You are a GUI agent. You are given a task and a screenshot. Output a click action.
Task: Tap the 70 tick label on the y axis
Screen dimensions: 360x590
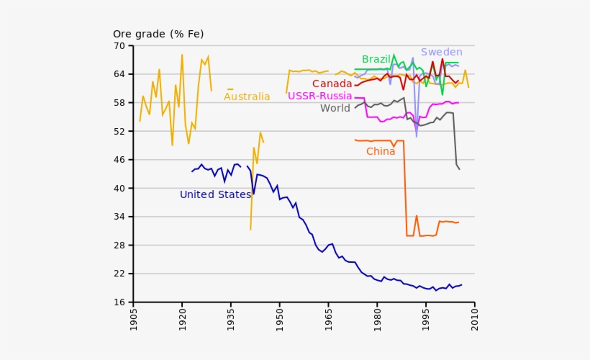point(119,46)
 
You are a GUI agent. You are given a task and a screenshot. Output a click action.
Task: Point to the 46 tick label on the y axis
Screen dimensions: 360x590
point(119,160)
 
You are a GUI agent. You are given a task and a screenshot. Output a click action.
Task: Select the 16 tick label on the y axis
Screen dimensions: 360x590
point(119,302)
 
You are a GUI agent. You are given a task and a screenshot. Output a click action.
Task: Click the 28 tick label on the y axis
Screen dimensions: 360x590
point(119,246)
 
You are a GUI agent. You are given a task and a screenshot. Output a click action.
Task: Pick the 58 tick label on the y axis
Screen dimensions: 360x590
point(119,103)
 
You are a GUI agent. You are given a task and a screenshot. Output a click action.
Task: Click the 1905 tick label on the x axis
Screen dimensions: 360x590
point(135,321)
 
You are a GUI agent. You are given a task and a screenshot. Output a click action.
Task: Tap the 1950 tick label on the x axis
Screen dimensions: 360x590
point(281,321)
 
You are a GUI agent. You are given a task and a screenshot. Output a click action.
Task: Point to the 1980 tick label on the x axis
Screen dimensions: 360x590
point(378,321)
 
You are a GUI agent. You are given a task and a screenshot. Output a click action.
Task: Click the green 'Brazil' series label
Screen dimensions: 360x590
point(376,59)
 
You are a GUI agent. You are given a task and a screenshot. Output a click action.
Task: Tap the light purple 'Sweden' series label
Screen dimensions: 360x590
point(441,52)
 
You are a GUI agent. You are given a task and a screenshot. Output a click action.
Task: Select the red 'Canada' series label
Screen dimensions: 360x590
point(332,84)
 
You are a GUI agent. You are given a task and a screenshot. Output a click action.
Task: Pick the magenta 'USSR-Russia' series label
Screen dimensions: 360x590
point(319,96)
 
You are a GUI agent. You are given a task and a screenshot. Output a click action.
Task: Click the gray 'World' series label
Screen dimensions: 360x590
point(335,109)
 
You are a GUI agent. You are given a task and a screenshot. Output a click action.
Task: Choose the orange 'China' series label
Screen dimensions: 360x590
point(381,151)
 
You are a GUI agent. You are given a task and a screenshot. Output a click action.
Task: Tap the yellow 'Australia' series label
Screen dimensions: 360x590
point(247,97)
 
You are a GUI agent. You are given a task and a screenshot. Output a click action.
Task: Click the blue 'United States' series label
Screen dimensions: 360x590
point(215,194)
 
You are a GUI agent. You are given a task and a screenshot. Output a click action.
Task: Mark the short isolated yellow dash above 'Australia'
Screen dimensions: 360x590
point(230,89)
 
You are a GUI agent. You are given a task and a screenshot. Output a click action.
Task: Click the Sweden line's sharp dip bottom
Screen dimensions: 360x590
point(417,136)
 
